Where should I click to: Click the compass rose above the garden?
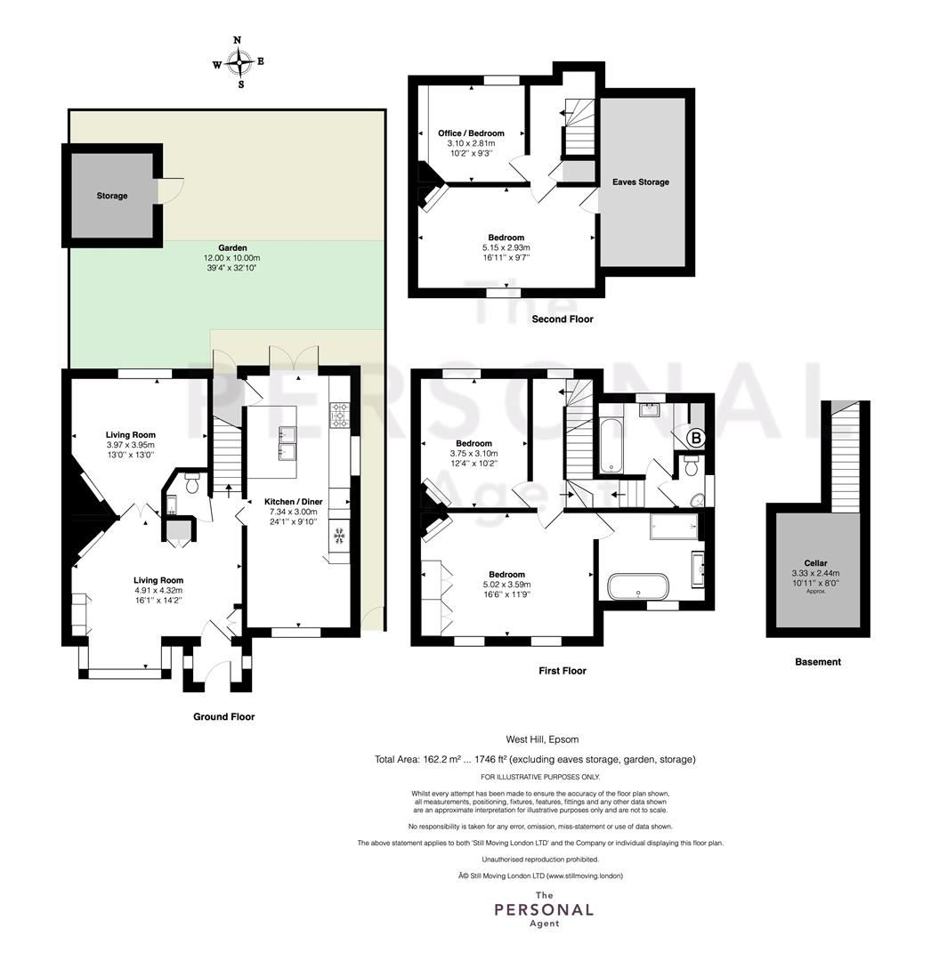point(239,62)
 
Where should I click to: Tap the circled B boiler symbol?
point(696,438)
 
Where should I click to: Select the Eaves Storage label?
point(641,182)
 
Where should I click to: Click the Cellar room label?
point(815,562)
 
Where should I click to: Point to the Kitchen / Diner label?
point(294,501)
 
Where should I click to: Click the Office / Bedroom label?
point(471,133)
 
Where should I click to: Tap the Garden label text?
point(232,247)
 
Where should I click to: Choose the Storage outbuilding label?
point(112,196)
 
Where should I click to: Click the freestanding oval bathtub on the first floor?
point(638,586)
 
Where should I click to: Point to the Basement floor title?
point(818,661)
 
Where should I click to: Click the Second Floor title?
point(562,319)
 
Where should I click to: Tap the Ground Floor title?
point(223,716)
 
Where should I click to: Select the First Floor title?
point(562,671)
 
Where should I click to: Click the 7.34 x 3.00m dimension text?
point(294,512)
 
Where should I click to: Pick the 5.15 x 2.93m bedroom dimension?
point(506,247)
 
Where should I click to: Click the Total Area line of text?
point(535,759)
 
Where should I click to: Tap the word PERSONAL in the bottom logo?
point(544,909)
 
